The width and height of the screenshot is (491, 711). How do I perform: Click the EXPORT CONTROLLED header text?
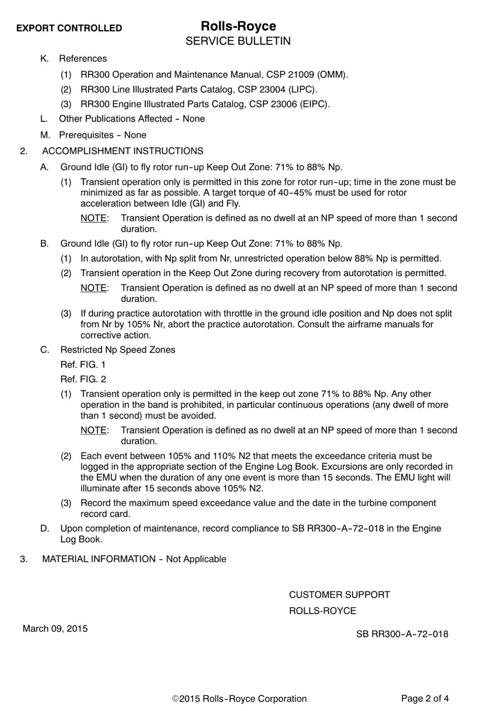(69, 28)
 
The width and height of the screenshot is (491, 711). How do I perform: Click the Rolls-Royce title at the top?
(238, 26)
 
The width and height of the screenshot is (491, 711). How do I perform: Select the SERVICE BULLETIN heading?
(238, 41)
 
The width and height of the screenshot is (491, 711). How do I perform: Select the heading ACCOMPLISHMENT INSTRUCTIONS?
(122, 151)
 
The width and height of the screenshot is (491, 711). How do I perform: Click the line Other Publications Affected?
(132, 119)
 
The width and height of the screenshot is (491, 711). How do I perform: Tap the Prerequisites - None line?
(102, 135)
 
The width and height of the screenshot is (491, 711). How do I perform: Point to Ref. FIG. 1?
(83, 364)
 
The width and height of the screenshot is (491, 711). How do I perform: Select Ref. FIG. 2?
(83, 379)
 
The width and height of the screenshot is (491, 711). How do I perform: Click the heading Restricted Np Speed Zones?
(118, 349)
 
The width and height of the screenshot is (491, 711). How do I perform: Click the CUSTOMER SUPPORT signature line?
(339, 595)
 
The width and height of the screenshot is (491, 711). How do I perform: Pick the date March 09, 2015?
(55, 628)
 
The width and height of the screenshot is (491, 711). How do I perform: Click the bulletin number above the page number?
(402, 634)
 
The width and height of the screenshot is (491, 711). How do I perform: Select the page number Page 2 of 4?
(425, 698)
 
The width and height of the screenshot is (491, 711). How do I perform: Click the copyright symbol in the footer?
(176, 699)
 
